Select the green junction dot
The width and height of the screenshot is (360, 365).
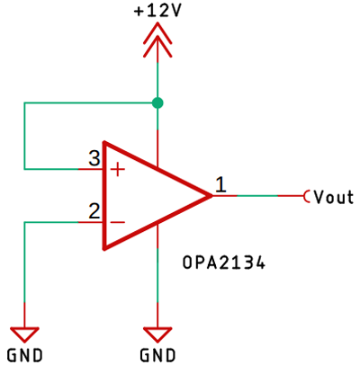[x=158, y=103]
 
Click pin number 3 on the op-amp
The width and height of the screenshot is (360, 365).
[x=94, y=158]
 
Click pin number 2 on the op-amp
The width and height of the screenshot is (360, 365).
[x=94, y=212]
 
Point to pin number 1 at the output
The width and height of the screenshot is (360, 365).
[x=220, y=185]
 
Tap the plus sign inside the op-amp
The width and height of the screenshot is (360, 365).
[x=117, y=168]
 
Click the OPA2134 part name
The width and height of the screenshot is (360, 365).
[x=225, y=264]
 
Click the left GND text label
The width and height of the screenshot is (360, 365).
[x=24, y=352]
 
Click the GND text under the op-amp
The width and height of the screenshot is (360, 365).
[x=158, y=352]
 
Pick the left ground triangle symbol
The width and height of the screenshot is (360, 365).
[x=24, y=330]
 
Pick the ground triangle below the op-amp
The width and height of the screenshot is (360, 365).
[x=158, y=330]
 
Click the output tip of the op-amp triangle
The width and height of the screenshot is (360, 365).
[x=211, y=195]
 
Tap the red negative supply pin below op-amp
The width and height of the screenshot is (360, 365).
[x=158, y=236]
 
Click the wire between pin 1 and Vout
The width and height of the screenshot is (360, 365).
[x=270, y=195]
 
